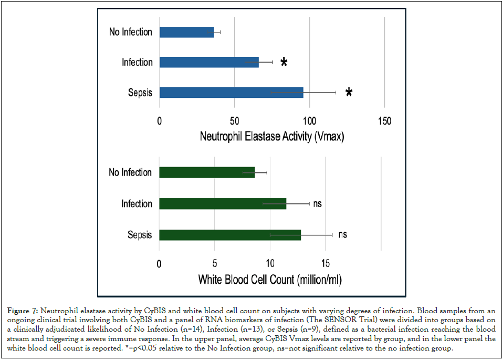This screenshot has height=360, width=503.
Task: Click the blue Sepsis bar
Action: [x=231, y=92]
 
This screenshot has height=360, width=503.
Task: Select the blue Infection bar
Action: [x=209, y=62]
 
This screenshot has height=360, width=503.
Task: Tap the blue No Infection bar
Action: [x=186, y=32]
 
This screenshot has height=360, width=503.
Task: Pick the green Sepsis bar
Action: [x=230, y=235]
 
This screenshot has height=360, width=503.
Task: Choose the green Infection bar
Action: [x=223, y=203]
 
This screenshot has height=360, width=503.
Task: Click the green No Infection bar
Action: [x=207, y=172]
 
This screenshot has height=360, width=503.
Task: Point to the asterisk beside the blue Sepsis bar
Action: [x=349, y=94]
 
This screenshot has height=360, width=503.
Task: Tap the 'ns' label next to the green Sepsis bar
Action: [x=342, y=235]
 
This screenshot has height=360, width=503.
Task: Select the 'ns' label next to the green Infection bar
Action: [x=317, y=203]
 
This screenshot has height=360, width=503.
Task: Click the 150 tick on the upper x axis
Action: [x=384, y=121]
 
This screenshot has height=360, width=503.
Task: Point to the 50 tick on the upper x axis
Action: [x=234, y=121]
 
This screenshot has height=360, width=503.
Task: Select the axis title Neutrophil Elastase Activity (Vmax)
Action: [x=271, y=137]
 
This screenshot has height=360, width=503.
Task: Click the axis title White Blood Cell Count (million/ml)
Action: [x=269, y=279]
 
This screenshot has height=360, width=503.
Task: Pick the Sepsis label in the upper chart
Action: [x=140, y=93]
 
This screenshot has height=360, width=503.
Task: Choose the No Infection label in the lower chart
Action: [x=130, y=172]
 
